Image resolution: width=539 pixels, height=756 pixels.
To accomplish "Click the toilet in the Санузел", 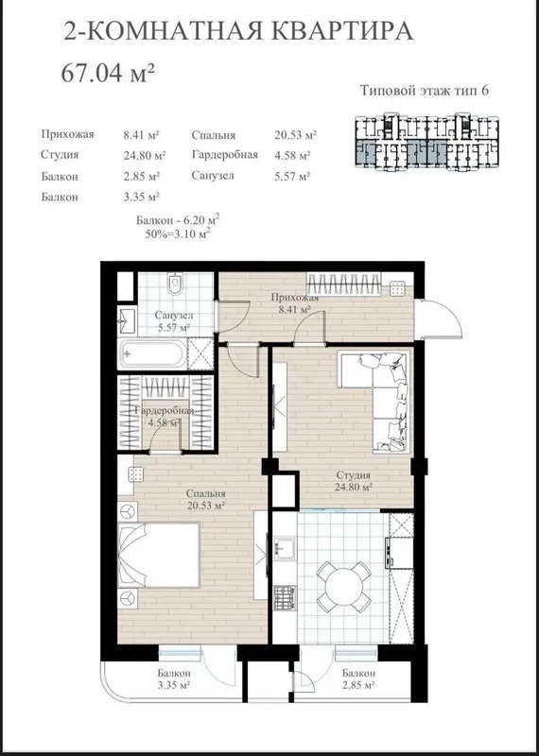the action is click(x=175, y=283).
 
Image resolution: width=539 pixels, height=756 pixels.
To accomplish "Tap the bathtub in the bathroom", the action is click(x=151, y=354).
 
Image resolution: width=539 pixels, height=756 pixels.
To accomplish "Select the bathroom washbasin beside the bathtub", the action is click(x=127, y=320).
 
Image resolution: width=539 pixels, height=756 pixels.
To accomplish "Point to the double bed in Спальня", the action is click(x=159, y=555).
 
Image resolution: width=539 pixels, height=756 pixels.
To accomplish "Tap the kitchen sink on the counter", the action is click(x=284, y=549).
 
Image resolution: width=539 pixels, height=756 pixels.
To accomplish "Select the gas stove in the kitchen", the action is click(x=285, y=596).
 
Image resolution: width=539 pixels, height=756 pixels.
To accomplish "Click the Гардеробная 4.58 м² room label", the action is click(x=165, y=417).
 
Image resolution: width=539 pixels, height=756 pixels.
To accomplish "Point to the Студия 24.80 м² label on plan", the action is click(x=354, y=480).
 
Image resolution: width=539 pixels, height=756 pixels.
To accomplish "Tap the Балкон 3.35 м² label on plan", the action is click(x=174, y=679).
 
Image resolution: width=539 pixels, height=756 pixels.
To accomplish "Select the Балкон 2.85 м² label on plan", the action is click(x=359, y=679).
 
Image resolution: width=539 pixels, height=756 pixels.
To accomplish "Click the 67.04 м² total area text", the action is click(x=108, y=74).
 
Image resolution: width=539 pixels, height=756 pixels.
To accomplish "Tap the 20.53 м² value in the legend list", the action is click(x=295, y=135).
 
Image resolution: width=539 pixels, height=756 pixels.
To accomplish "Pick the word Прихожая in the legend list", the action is click(x=67, y=134).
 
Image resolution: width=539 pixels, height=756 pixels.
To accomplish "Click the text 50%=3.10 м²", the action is click(x=178, y=234).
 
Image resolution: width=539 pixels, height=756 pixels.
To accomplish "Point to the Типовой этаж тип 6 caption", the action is click(x=425, y=91).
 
